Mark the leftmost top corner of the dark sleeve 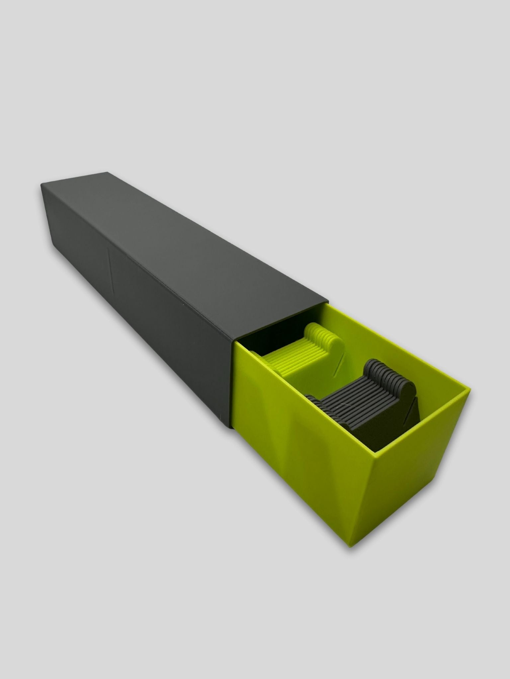[x=41, y=185]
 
